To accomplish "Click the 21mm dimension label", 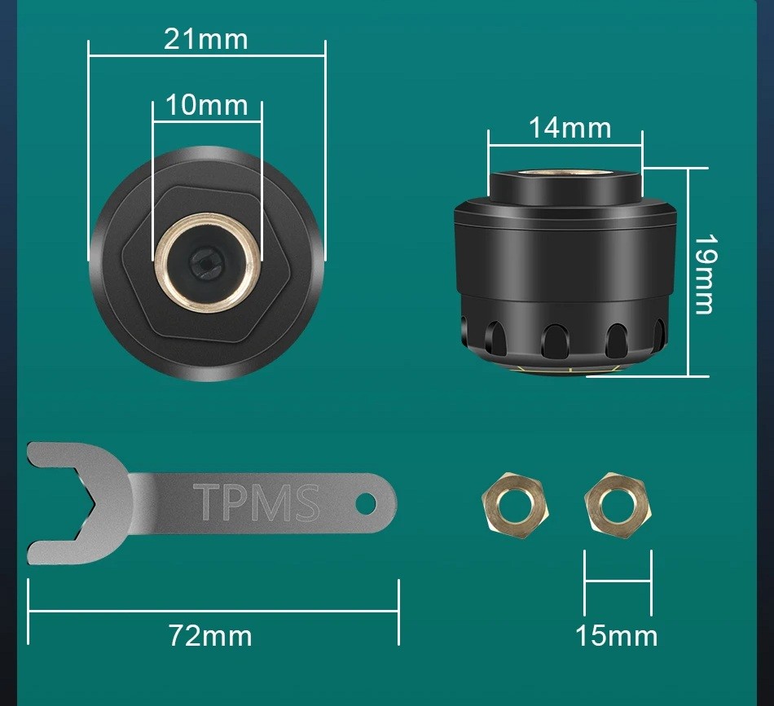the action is tap(205, 39).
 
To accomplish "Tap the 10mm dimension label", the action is tap(206, 105).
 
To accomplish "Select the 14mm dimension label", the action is tap(570, 127).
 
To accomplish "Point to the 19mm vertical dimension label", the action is tap(706, 274).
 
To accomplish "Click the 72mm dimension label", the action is tap(210, 635).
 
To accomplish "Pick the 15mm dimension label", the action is tap(617, 635).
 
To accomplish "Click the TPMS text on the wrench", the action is tap(256, 502).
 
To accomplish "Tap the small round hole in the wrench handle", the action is tap(366, 502).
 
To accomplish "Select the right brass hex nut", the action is tap(617, 505).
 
